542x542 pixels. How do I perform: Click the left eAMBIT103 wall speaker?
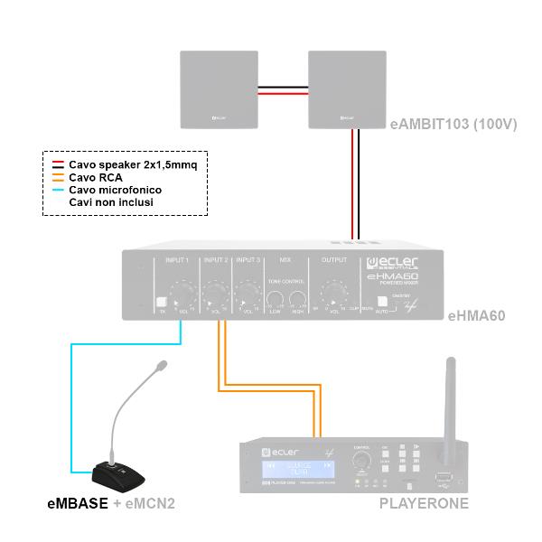[x=219, y=89]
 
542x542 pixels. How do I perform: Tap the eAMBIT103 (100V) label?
[x=453, y=125]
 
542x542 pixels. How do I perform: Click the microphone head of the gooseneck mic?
[x=162, y=367]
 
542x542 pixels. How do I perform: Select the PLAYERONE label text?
[x=425, y=502]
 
